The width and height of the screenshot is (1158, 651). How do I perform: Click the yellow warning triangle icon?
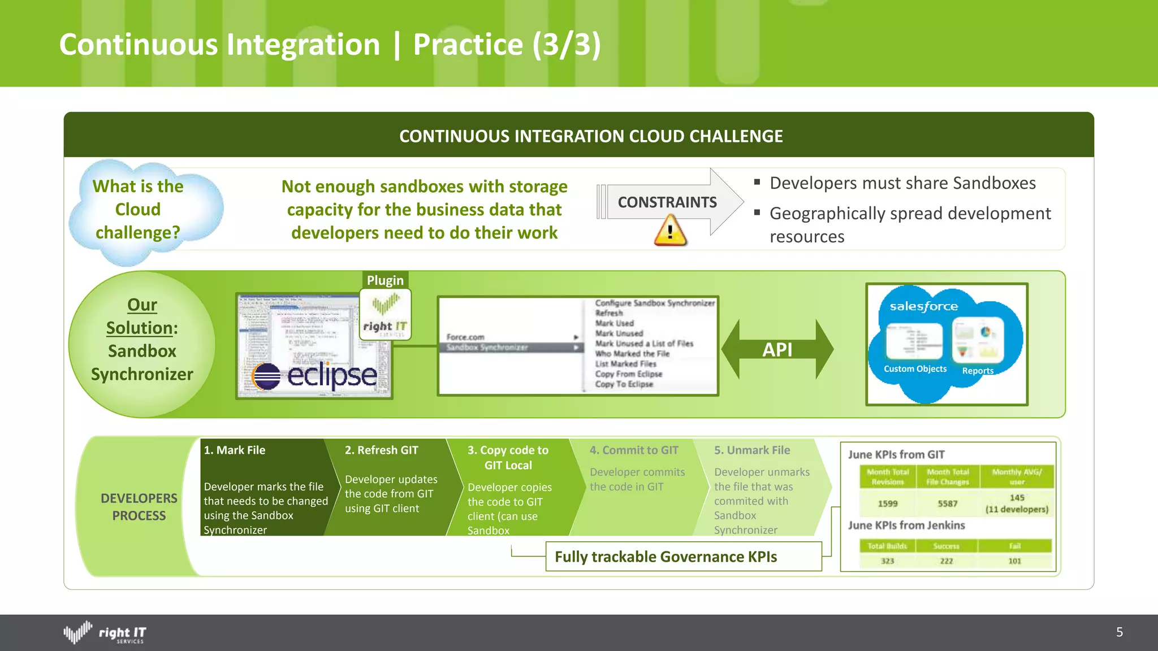coord(670,232)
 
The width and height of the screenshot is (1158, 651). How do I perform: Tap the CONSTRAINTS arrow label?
coord(667,202)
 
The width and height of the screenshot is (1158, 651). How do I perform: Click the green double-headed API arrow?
coord(777,349)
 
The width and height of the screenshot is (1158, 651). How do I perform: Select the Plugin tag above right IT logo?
coord(385,280)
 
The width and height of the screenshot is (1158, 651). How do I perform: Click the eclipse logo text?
coord(331,375)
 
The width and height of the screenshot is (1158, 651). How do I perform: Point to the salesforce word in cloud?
coord(923,306)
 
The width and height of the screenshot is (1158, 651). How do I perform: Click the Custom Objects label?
coord(915,369)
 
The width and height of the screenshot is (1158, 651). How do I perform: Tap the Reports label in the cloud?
coord(978,371)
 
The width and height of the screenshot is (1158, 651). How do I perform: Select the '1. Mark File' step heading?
coord(235,450)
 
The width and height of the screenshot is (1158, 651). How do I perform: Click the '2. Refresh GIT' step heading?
coord(382,450)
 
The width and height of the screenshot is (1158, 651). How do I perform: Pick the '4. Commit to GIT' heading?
coord(634,450)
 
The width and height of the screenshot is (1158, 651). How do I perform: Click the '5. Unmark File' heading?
coord(752,450)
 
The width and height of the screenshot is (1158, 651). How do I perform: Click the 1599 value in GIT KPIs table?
coord(888,504)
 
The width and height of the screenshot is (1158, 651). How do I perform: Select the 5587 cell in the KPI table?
coord(948,504)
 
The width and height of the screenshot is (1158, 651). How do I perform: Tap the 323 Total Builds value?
coord(888,561)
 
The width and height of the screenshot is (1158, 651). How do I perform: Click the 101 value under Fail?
coord(1015,561)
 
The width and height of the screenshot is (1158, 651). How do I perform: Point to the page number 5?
coord(1120,632)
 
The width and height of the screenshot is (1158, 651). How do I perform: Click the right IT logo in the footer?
coord(105,633)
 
